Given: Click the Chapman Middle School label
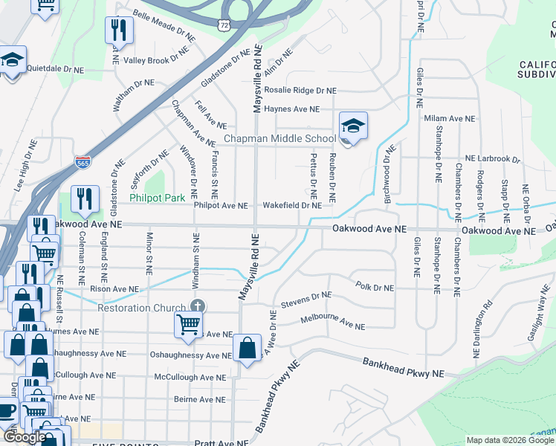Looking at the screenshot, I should [x=280, y=139].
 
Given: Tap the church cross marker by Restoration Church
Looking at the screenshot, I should [x=198, y=306].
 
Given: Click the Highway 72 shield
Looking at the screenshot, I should [x=224, y=25].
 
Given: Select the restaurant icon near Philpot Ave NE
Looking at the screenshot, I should [x=85, y=198].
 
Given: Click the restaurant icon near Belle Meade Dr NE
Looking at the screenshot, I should [x=118, y=30].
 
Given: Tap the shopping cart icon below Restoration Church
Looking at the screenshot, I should [x=189, y=324].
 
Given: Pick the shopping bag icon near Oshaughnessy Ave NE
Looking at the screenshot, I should [x=247, y=349].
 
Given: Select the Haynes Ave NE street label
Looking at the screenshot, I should [x=292, y=109].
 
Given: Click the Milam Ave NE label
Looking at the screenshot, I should [x=448, y=119].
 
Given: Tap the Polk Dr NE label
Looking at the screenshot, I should [x=374, y=286].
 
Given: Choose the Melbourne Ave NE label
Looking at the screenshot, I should [x=332, y=323].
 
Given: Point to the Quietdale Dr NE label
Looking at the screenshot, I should [x=56, y=68].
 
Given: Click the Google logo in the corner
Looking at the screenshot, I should [x=24, y=437].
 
